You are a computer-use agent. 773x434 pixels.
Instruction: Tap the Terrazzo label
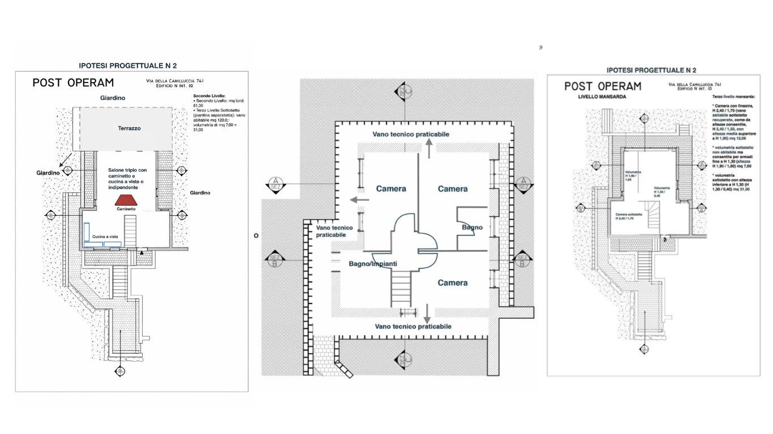click(x=130, y=128)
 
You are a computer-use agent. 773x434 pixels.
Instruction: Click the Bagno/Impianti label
click(x=373, y=264)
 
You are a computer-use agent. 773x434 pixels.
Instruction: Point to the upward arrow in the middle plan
click(x=429, y=148)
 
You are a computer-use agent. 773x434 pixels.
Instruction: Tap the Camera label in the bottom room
click(x=452, y=283)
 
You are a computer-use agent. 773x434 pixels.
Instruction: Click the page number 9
click(x=540, y=47)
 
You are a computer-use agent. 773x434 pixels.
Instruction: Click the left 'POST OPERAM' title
click(x=73, y=83)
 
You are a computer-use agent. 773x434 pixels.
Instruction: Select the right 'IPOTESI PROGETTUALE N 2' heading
click(x=651, y=70)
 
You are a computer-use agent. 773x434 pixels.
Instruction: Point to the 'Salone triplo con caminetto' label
click(x=127, y=173)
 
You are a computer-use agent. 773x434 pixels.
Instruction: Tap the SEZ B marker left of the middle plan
click(x=273, y=259)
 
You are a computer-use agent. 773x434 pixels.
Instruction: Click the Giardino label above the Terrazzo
click(x=113, y=98)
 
